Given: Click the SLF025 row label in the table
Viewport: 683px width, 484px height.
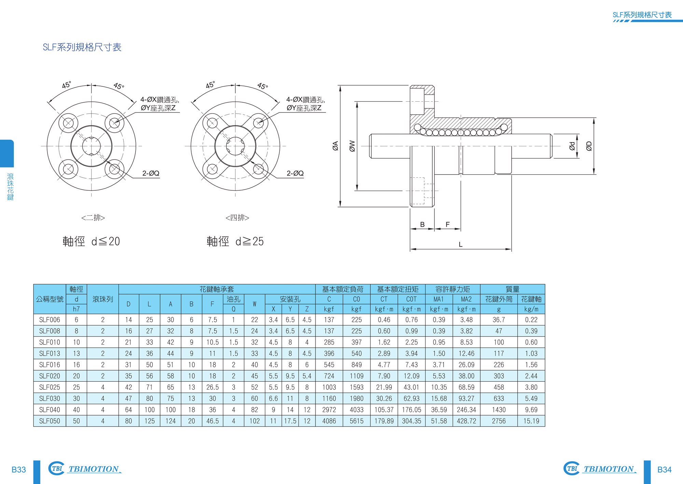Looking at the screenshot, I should pos(50,387).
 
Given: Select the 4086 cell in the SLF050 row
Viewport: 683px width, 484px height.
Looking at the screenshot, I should pos(329,421).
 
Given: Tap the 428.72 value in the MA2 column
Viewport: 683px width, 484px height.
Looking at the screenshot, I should pos(466,421).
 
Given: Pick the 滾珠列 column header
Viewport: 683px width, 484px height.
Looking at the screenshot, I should pos(102,299).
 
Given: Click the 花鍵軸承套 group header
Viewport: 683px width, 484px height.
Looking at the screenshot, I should pos(217,289).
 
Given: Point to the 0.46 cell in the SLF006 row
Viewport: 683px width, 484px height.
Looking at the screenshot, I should pos(384,320).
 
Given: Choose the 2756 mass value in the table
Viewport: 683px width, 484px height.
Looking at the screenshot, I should pos(499,421).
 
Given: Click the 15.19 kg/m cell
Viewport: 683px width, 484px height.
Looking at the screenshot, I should pos(531,421).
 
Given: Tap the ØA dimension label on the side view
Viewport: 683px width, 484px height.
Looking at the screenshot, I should pos(335,146).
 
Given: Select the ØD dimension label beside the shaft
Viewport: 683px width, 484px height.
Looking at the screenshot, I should pos(589,146).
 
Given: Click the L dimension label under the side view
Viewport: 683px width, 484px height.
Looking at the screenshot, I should pos(460,245).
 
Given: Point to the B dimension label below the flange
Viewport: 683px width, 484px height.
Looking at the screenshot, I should pos(422,224).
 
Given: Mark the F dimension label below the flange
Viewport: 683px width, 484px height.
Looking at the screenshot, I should pos(447,224).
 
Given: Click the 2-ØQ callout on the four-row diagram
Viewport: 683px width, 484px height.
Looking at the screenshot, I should pos(295,173).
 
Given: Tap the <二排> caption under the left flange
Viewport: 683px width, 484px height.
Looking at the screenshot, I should pos(93,218).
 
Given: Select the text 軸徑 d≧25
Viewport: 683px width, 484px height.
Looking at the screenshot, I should pos(235,241).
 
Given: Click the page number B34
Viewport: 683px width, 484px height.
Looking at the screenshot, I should pos(664,470).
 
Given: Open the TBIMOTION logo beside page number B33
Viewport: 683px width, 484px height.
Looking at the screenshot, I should pos(85,469).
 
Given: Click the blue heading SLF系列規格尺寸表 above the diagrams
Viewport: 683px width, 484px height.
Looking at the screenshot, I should pos(82,47).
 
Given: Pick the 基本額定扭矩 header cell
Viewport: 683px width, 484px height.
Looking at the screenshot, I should pos(398,289).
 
